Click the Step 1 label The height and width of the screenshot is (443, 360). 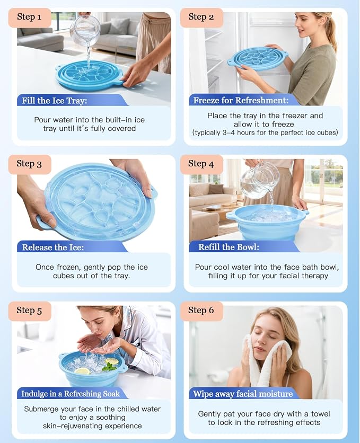coord(29,17)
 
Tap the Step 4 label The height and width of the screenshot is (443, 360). coord(201,164)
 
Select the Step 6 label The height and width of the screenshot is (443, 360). coord(201,310)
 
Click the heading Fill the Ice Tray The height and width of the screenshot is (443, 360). coord(55,101)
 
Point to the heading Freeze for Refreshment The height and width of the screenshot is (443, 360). coord(241,101)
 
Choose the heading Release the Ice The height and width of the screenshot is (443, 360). coord(53,247)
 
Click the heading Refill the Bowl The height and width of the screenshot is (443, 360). coord(229,247)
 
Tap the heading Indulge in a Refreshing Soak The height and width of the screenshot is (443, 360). coord(71,394)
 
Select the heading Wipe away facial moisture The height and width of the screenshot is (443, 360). coord(243,394)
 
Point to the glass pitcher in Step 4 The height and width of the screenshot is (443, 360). coord(259,180)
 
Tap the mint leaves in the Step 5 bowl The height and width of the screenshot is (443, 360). coord(109,367)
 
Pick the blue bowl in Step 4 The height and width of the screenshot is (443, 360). coord(268,223)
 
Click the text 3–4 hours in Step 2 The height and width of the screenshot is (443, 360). coord(235,133)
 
